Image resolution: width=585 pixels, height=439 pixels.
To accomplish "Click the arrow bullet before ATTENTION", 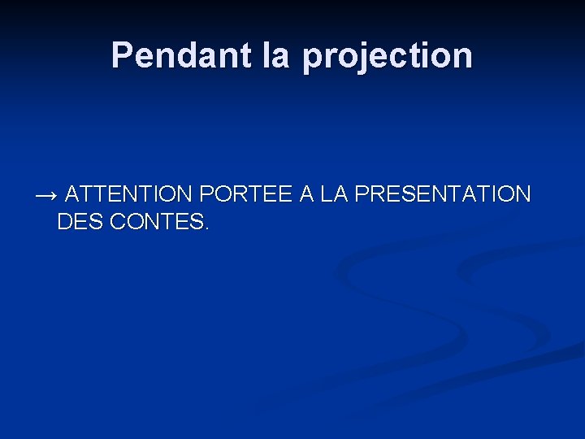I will [46, 195].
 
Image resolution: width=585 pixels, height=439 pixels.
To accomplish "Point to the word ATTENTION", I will [128, 194].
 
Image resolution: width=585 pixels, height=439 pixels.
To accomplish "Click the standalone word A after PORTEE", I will [306, 194].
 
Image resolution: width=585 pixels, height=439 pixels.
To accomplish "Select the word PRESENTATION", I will [444, 194].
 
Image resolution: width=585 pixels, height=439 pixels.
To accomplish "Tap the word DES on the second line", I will [80, 222].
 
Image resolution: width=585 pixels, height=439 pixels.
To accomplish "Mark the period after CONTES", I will [206, 228].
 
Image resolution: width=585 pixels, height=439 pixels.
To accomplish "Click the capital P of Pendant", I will [122, 55].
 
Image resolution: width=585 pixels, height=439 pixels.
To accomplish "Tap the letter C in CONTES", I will [117, 222].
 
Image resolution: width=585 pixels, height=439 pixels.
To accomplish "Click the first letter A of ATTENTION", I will [72, 194].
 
